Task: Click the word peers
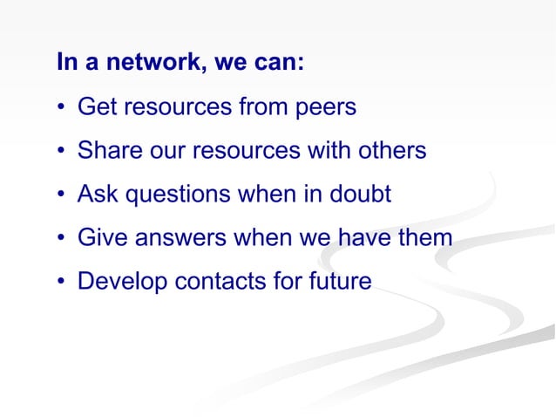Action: click(x=326, y=107)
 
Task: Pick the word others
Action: click(x=390, y=151)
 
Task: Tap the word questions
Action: click(x=172, y=195)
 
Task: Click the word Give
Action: click(x=99, y=237)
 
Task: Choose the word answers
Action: click(x=174, y=237)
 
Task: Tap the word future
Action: click(x=336, y=281)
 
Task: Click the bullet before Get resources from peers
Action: click(x=62, y=108)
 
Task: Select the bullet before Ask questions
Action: click(x=62, y=195)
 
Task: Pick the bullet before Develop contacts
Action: click(x=62, y=282)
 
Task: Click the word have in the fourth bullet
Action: click(x=356, y=237)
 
